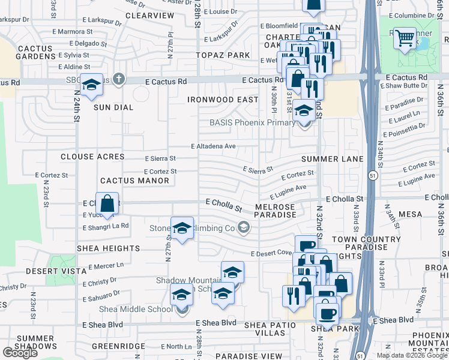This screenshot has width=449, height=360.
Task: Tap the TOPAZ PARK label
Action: point(223,55)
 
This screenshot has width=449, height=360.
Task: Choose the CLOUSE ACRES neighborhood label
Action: point(92,157)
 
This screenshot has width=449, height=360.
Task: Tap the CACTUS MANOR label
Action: point(127,180)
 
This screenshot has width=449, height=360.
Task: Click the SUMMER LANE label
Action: point(332,158)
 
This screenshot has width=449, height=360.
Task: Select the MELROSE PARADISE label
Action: point(276,211)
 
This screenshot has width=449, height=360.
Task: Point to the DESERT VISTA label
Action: point(49,271)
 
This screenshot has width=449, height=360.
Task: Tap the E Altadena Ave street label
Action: point(213,146)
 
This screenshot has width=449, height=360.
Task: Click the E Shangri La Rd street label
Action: point(106,226)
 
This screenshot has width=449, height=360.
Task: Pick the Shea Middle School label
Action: point(143,310)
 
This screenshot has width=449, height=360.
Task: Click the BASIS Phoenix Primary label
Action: point(252,122)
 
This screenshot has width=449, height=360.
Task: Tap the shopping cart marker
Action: point(406,38)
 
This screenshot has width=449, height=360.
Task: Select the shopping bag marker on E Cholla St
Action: point(107,203)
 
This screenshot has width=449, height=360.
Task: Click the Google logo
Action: point(19,353)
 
